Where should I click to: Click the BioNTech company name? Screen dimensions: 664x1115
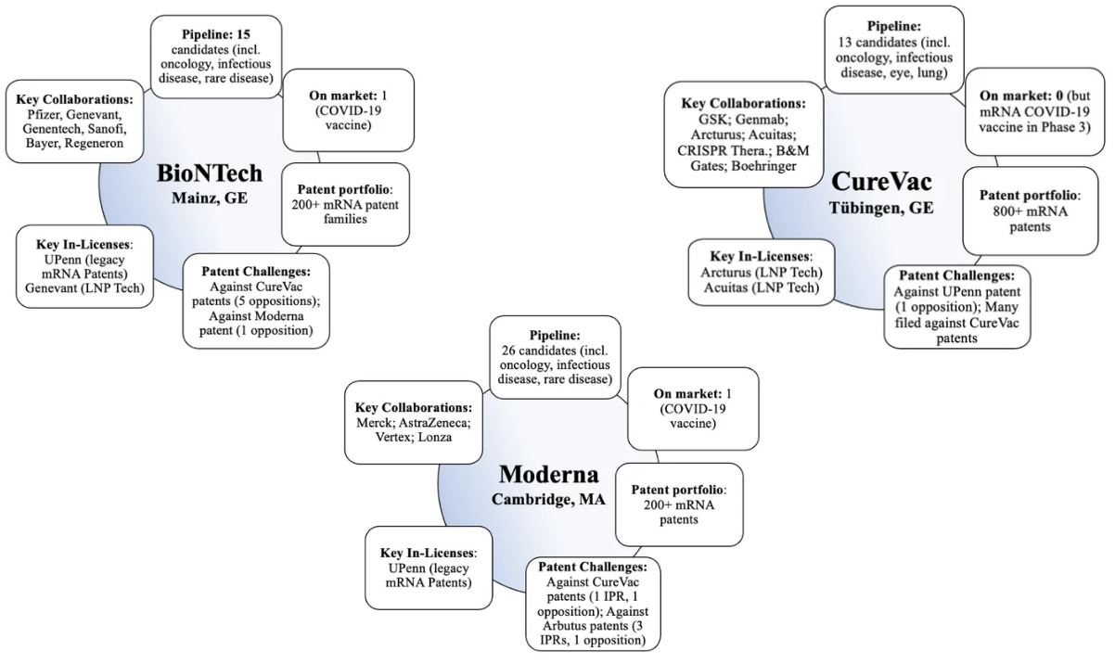coord(210,174)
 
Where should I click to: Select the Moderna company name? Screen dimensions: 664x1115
coord(548,475)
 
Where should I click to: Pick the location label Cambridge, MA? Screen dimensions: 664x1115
coord(548,499)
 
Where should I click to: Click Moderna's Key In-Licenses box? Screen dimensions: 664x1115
coord(429,568)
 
